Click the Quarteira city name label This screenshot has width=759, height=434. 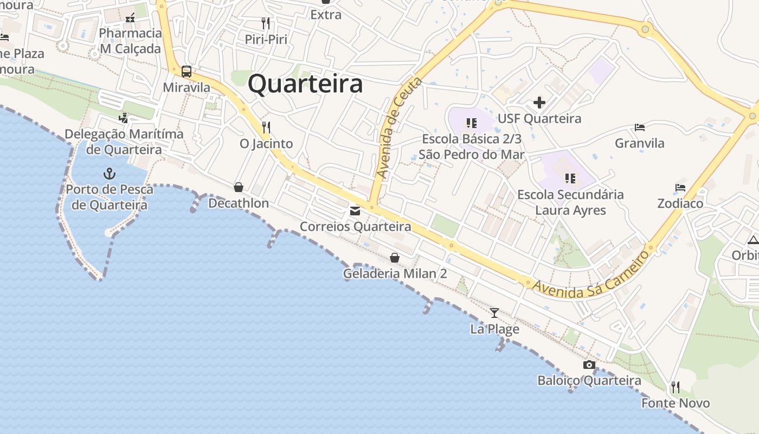305,84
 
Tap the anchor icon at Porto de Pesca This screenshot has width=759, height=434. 110,174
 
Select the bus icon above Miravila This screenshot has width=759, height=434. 186,71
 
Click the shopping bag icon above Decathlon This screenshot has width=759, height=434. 238,187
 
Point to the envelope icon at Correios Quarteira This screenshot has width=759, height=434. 355,211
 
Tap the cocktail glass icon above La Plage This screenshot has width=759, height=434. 494,312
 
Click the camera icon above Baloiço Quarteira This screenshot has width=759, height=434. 589,365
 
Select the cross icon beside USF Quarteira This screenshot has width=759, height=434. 539,102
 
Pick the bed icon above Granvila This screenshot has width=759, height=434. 640,127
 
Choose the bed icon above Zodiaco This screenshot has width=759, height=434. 680,188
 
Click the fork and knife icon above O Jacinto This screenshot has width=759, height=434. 266,127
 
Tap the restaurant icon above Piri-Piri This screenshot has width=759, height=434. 266,23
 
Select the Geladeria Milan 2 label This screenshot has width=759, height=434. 395,273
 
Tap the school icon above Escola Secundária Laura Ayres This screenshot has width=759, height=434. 570,178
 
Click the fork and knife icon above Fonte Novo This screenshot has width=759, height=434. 675,387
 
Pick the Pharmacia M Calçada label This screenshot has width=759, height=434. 130,41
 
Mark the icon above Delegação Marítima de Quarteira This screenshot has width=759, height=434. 124,118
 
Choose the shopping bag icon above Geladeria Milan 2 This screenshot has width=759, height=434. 395,258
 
